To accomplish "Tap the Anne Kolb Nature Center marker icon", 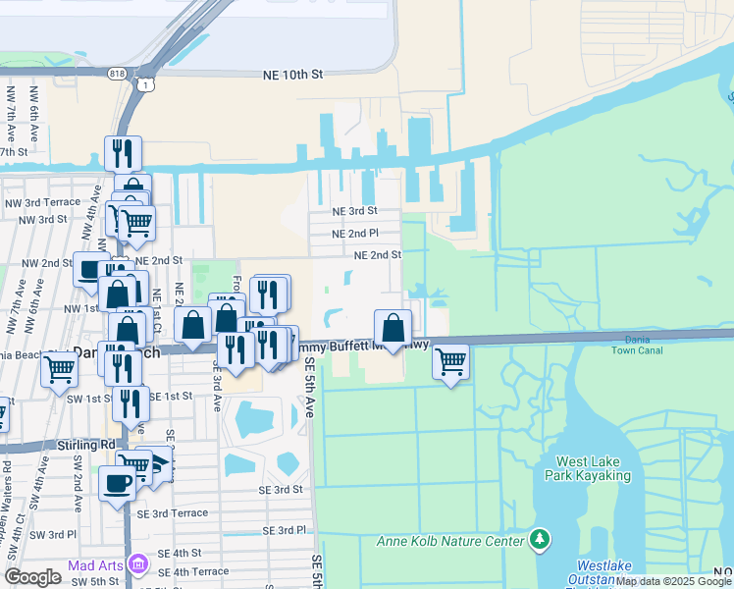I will (539, 539).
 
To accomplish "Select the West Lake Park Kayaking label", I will (593, 468).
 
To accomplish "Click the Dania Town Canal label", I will (637, 346).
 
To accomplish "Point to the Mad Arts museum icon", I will (137, 564).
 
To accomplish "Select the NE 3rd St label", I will (354, 211).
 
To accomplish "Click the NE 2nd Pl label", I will (354, 234).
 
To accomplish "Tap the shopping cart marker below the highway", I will (450, 361).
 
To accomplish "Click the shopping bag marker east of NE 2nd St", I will (393, 327).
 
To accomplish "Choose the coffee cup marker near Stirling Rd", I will (118, 483).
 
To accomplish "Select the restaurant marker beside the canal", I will (124, 153).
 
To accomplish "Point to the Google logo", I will (33, 577).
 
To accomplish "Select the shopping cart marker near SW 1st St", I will (59, 369).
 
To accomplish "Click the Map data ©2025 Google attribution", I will (674, 581).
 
